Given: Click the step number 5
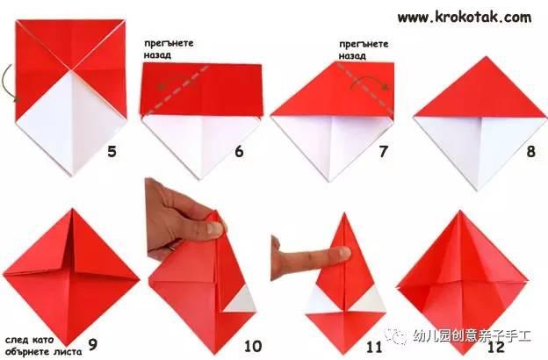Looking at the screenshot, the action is pos(112,152).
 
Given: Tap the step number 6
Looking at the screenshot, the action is pos(239,152).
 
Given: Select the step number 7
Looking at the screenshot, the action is pos(384,152).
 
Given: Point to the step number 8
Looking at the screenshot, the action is pos(530,152).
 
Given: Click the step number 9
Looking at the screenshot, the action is pos(92,344).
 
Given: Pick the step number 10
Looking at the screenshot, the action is pos(253,346).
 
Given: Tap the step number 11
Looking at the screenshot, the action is pos(374,347).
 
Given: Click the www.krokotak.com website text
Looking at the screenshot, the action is pos(465,18).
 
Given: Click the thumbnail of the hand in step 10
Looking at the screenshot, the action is pos(214,229).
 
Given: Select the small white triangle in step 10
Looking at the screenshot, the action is pos(242,300).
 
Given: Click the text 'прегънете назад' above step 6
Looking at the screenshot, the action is pos(169,49).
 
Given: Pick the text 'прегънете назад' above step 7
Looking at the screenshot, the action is pos(364,50).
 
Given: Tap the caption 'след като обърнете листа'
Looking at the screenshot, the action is pos(43,346).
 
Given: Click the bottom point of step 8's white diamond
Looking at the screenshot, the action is pos(478,190).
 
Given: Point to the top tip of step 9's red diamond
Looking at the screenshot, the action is pos(73,209).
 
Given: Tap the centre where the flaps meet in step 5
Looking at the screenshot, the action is pos(72,70).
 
